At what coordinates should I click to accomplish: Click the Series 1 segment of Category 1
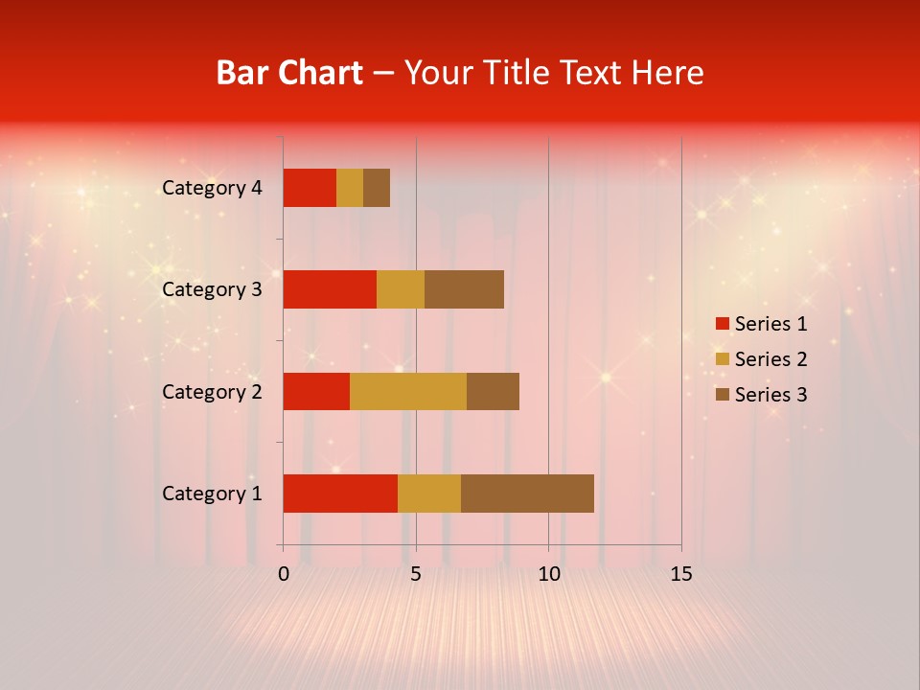(340, 494)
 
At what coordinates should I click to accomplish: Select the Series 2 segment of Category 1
(429, 494)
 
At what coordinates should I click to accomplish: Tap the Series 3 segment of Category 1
(527, 494)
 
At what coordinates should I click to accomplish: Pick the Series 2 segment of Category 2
(408, 391)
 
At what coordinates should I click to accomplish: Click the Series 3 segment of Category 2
(493, 391)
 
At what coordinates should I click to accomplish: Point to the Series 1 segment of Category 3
(330, 289)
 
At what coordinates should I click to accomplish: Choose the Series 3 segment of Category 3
(464, 289)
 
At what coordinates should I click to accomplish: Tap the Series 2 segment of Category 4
(350, 188)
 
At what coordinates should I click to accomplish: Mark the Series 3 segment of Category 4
(377, 188)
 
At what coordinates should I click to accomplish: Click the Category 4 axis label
(212, 188)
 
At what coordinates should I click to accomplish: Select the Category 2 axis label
(212, 391)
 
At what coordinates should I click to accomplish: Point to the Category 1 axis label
(212, 494)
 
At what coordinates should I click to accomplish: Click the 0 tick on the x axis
(284, 574)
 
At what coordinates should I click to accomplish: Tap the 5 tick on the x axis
(416, 574)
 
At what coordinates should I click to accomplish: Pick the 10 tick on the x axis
(548, 574)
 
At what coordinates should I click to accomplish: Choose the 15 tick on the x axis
(680, 574)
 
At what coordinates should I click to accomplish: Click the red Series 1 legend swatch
(722, 324)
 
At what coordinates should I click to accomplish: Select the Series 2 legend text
(770, 359)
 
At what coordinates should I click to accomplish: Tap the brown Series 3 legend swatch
(722, 395)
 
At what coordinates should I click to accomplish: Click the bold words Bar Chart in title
(288, 73)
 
